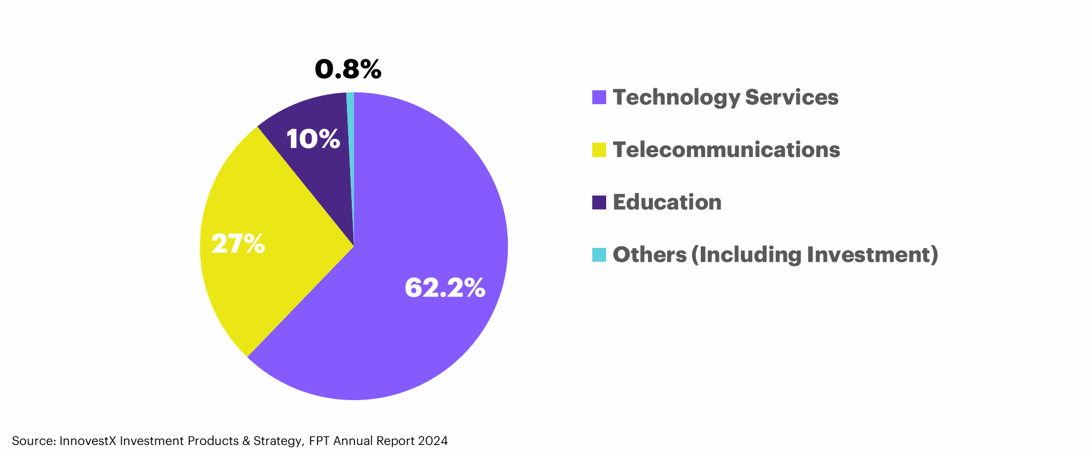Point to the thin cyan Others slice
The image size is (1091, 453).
351,139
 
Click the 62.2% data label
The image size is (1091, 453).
445,287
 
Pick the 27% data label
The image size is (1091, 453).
238,244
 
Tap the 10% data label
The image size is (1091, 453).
313,139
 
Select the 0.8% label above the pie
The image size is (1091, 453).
348,69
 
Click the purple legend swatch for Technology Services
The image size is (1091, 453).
599,97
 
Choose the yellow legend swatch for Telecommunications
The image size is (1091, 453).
599,150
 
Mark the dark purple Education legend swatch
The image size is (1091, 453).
599,202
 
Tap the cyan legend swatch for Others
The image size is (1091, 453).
599,255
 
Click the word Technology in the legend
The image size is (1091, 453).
676,97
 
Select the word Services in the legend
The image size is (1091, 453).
792,97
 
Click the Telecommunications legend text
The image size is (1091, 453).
726,150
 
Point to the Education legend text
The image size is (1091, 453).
667,202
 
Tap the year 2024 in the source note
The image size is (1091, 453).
433,441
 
